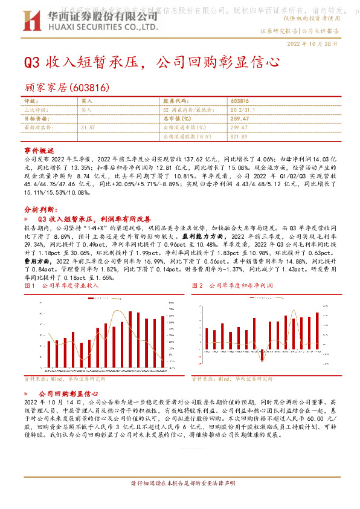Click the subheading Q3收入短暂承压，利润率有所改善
[95, 218]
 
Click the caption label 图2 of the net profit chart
[198, 285]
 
